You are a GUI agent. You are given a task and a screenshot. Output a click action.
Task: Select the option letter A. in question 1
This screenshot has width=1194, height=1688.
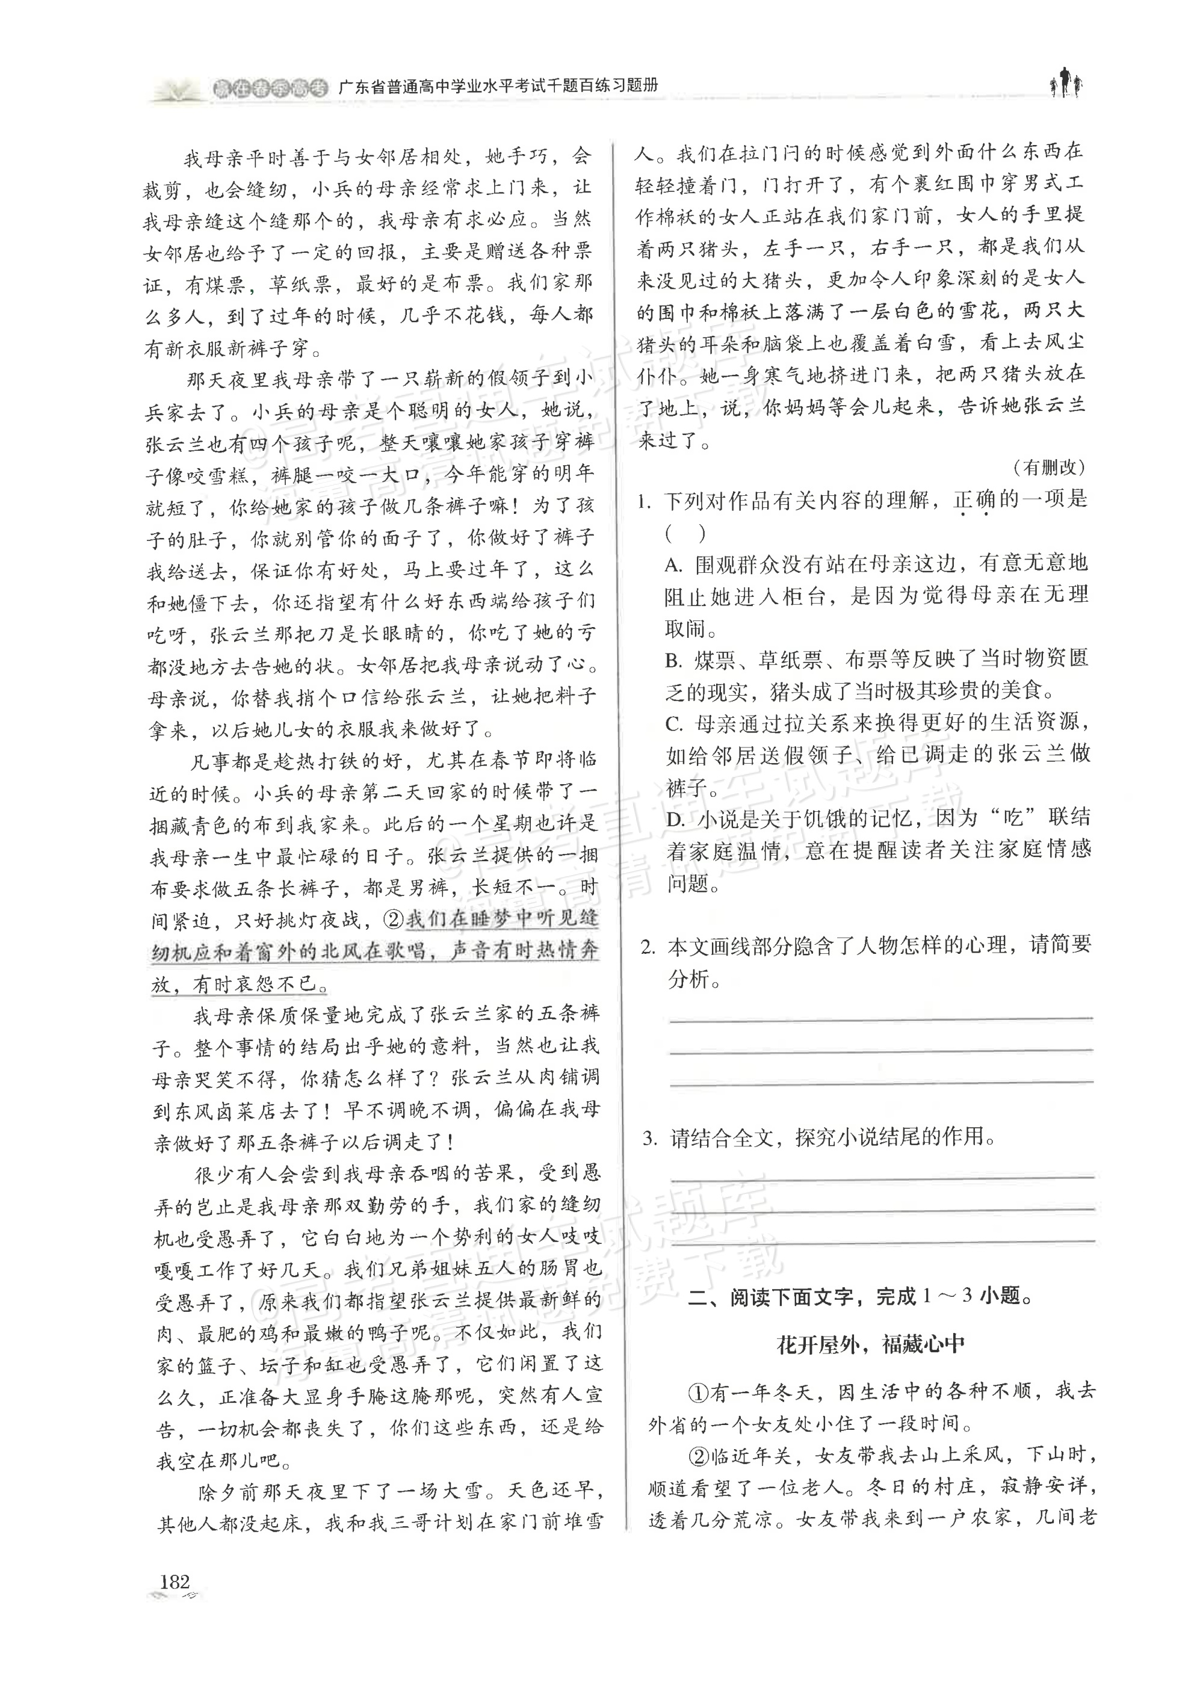coord(674,564)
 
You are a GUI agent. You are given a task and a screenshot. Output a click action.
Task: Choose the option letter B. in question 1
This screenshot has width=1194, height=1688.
coord(674,660)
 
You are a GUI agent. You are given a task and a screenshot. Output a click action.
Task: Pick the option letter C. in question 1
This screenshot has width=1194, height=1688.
coord(674,724)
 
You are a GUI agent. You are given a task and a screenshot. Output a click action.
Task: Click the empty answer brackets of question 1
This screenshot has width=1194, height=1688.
coord(685,533)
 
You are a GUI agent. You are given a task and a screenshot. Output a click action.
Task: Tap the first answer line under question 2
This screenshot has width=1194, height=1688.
coord(881,1019)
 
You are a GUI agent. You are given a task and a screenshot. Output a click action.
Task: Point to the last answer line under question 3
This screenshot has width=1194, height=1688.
coord(882,1241)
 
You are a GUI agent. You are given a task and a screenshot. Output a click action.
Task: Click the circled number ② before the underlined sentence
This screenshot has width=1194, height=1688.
coord(395,920)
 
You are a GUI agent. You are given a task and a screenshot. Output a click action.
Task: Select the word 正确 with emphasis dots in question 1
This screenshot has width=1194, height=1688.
coord(974,501)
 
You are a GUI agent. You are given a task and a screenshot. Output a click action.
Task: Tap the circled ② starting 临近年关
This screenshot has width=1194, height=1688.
coord(697,1456)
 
